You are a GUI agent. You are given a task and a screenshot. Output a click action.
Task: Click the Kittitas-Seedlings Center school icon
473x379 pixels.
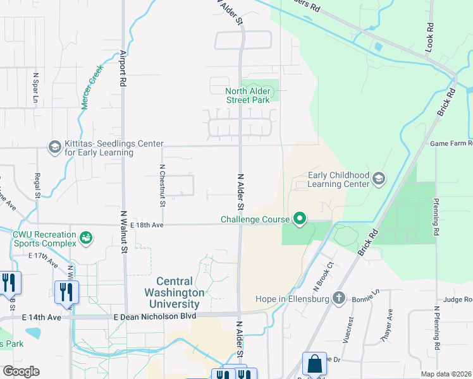point(55,148)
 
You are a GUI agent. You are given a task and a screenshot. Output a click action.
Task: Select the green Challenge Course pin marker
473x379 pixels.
point(300,220)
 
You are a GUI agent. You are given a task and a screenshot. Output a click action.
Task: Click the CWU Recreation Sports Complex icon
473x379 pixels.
point(85,238)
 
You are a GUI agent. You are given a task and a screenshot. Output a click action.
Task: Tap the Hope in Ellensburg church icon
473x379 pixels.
point(339,298)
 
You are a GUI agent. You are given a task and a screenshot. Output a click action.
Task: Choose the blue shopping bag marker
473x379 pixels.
point(314,364)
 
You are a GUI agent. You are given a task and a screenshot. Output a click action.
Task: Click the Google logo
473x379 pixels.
point(21,371)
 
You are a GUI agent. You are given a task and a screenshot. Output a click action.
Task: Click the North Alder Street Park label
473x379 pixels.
point(248,95)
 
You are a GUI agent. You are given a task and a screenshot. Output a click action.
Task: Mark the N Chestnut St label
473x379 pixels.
point(163,186)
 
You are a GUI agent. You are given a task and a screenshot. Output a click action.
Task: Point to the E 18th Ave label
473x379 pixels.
point(147,224)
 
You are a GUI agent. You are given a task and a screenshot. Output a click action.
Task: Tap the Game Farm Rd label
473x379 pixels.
point(451,143)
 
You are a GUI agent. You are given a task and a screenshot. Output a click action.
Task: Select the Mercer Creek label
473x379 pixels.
point(92,89)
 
